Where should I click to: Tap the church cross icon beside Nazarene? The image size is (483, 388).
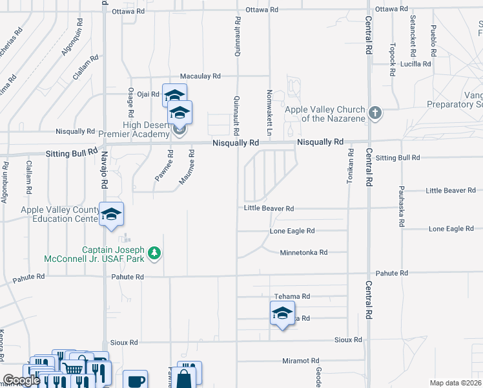[x=375, y=114]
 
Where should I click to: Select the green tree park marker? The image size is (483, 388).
[x=154, y=253]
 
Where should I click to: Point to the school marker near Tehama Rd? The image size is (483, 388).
[x=282, y=314]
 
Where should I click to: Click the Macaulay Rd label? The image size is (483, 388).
[x=200, y=76]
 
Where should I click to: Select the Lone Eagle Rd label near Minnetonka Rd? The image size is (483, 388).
[x=292, y=231]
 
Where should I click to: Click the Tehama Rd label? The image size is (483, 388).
[x=293, y=296]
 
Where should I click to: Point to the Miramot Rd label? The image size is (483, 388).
[x=301, y=361]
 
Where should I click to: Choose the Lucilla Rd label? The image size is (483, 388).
[x=415, y=64]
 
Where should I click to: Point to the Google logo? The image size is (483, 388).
[x=21, y=380]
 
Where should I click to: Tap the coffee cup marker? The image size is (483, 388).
[x=135, y=381]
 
